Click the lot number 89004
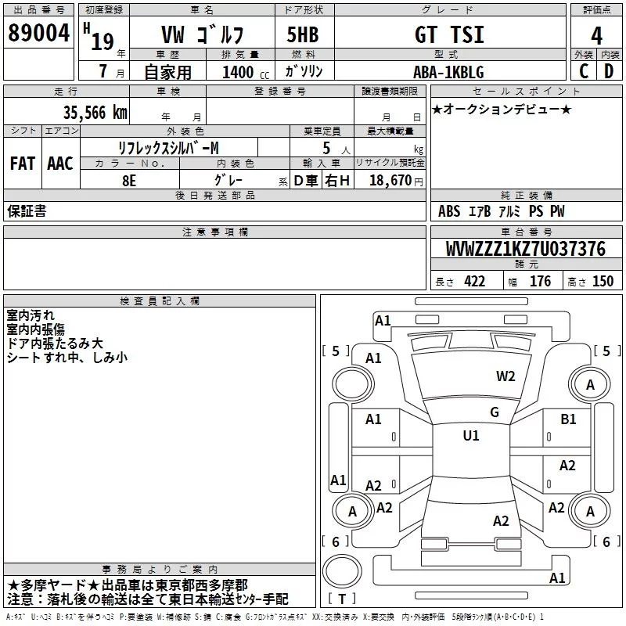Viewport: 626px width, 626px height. [x=38, y=34]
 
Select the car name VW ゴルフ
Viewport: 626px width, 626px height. [x=202, y=34]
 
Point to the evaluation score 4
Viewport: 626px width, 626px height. [x=597, y=35]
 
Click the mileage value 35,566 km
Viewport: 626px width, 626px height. [x=95, y=112]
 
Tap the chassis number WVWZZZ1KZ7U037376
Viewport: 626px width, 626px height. [x=525, y=249]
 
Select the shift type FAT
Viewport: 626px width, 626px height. [x=23, y=164]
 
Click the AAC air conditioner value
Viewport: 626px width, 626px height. [x=60, y=164]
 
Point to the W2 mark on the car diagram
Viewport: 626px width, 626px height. [x=505, y=376]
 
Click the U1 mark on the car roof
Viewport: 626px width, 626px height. [x=470, y=436]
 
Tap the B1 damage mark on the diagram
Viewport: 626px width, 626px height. [x=568, y=419]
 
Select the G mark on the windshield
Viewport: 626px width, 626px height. [x=494, y=412]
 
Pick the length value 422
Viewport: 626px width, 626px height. [x=474, y=282]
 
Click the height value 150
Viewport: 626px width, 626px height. [x=603, y=282]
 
